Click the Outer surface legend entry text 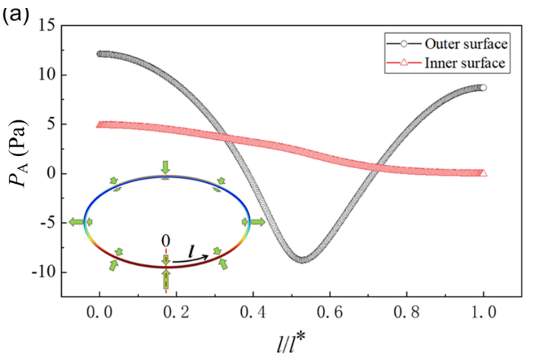click(x=466, y=44)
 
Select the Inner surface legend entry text click(x=464, y=63)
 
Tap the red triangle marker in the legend click(x=404, y=63)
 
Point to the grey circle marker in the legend click(x=404, y=44)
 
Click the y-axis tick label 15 click(x=47, y=25)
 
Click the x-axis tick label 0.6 click(x=329, y=312)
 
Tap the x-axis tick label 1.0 click(x=484, y=312)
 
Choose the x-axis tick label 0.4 click(x=252, y=312)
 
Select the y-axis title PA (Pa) click(x=19, y=153)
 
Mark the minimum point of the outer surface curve click(x=302, y=260)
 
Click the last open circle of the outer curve click(x=483, y=87)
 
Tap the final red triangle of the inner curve click(x=483, y=174)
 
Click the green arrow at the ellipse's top click(x=165, y=168)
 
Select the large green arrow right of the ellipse click(x=258, y=222)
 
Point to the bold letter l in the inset click(x=192, y=252)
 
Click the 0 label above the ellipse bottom click(x=166, y=241)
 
